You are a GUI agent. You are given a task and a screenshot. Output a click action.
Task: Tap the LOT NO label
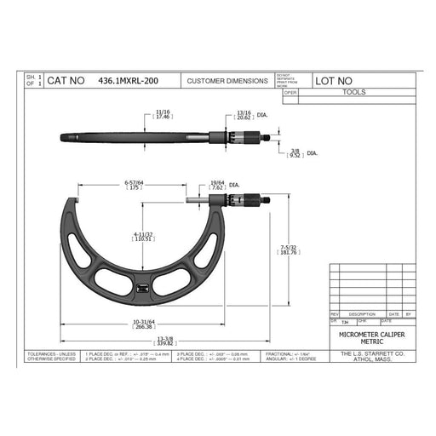(337, 82)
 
